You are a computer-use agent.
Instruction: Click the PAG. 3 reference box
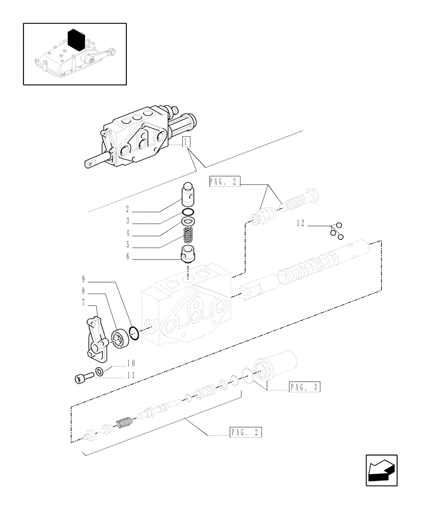pyautogui.click(x=303, y=387)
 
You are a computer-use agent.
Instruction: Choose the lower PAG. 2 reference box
pyautogui.click(x=246, y=433)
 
